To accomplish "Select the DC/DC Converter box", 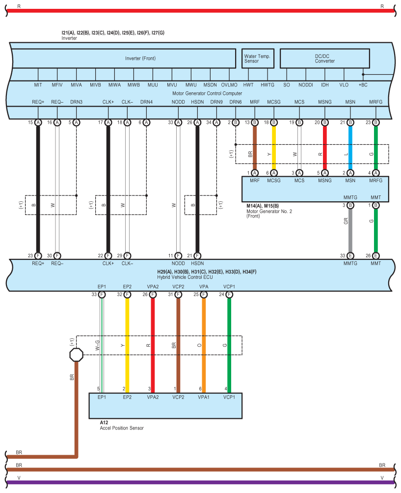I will tap(324, 58).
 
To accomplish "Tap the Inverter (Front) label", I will tap(140, 58).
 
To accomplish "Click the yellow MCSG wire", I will tap(274, 147).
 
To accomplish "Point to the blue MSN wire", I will tap(350, 147).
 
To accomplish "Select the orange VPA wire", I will tap(203, 344).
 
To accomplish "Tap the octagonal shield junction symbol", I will tap(76, 355).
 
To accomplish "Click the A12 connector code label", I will tap(104, 422).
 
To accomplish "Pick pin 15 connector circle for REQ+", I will tap(38, 123).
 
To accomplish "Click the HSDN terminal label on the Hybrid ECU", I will tap(197, 263).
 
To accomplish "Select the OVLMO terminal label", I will tap(229, 85).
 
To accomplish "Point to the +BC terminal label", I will tap(363, 85).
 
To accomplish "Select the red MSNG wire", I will tap(324, 147).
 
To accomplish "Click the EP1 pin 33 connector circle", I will tap(102, 295).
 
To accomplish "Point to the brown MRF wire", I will tap(255, 147).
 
